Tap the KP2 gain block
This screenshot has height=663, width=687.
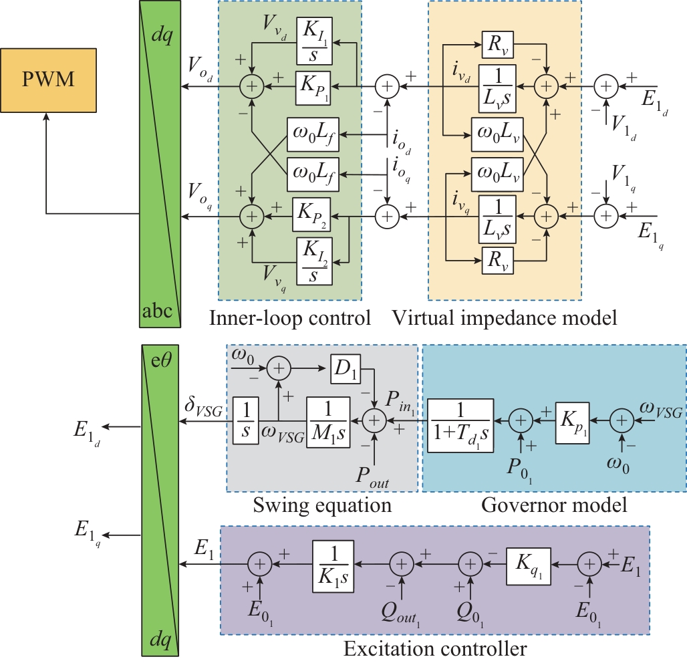pyautogui.click(x=311, y=215)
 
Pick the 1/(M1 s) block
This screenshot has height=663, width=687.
pyautogui.click(x=327, y=420)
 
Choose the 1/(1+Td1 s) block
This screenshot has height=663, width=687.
pyautogui.click(x=460, y=420)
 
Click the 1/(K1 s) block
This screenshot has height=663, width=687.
pyautogui.click(x=333, y=565)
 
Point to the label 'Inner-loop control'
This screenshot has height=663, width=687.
pyautogui.click(x=290, y=318)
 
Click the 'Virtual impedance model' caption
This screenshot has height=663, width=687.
pyautogui.click(x=504, y=318)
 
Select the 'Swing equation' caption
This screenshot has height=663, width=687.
pyautogui.click(x=321, y=505)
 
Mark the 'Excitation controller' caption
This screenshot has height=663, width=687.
pyautogui.click(x=435, y=648)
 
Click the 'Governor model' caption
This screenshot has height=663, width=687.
pyautogui.click(x=554, y=505)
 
